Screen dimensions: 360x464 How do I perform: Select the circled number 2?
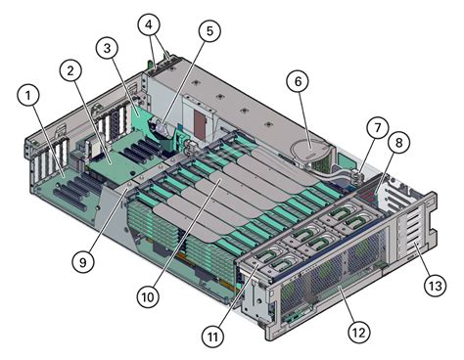pyautogui.click(x=70, y=69)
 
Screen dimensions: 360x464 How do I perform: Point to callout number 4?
pyautogui.click(x=149, y=22)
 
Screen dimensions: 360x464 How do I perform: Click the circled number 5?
pyautogui.click(x=208, y=31)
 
